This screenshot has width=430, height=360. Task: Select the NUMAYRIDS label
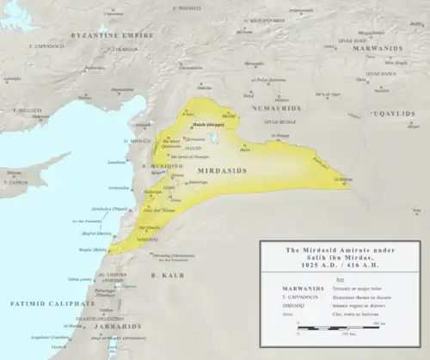pos(273,109)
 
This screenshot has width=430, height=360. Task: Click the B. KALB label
pos(163,274)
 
